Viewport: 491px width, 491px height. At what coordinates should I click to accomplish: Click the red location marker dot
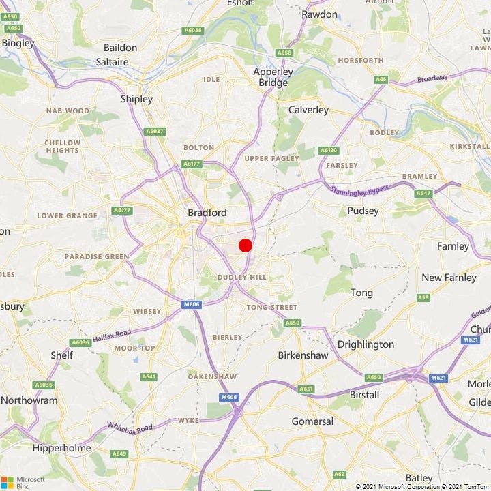click(245, 245)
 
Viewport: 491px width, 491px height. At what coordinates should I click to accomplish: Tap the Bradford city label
click(207, 213)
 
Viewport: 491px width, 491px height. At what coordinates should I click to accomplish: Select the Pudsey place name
click(363, 211)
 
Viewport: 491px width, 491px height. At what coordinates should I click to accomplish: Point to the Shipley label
click(136, 99)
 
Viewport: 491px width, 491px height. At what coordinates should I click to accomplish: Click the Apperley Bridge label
click(273, 77)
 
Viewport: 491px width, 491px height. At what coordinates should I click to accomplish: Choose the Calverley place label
click(308, 109)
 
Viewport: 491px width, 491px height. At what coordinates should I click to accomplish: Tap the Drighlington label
click(366, 344)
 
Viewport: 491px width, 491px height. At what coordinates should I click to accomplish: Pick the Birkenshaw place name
click(303, 355)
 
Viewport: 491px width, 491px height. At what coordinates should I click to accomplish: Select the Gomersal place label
click(312, 421)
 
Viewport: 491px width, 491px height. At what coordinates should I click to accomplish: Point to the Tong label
click(361, 293)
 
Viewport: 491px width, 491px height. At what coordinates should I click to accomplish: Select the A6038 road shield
click(193, 30)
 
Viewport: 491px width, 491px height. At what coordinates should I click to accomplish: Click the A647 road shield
click(423, 193)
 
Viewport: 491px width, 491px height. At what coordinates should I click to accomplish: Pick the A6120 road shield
click(329, 150)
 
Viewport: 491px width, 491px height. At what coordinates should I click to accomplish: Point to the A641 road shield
click(148, 376)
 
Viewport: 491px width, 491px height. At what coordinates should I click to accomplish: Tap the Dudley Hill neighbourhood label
click(241, 277)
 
